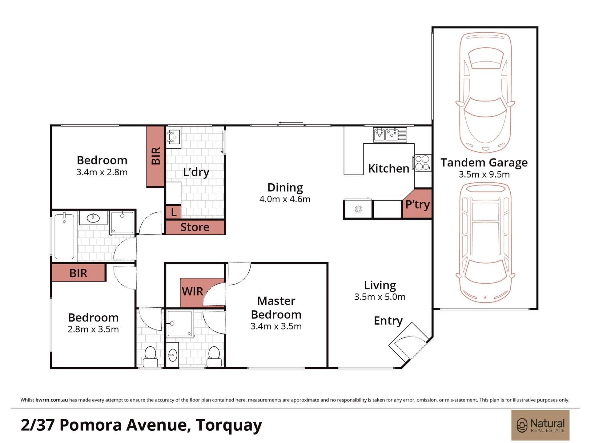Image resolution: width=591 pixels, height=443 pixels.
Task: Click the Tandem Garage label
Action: click(x=484, y=162)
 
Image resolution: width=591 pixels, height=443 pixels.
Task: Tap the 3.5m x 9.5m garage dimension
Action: click(x=484, y=174)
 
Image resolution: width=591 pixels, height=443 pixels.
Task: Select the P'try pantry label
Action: click(x=417, y=204)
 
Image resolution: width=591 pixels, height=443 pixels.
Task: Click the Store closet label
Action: click(x=195, y=227)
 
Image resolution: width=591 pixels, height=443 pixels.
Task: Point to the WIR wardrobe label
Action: click(x=192, y=291)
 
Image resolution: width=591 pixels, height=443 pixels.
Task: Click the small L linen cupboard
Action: click(x=174, y=212)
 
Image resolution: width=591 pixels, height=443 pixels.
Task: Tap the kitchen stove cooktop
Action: click(x=422, y=163)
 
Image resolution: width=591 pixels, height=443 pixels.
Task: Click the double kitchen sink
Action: click(x=390, y=135)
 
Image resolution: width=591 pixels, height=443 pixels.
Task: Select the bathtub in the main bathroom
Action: click(x=64, y=236)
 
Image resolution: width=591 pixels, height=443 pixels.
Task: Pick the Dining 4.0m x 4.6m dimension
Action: click(x=285, y=199)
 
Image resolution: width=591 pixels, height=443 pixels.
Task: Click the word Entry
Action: click(x=388, y=321)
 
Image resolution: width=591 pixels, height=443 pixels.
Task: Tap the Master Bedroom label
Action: click(x=276, y=308)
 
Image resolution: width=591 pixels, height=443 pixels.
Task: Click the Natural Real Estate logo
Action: click(x=541, y=425)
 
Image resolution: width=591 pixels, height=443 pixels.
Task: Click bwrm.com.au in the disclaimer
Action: click(x=51, y=400)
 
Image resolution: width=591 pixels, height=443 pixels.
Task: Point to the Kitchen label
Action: click(x=388, y=169)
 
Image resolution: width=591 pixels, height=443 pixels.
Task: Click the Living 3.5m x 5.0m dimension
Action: click(x=380, y=297)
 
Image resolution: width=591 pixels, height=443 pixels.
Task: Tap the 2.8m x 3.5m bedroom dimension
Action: click(x=93, y=329)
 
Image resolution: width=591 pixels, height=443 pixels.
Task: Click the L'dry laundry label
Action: click(x=196, y=172)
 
